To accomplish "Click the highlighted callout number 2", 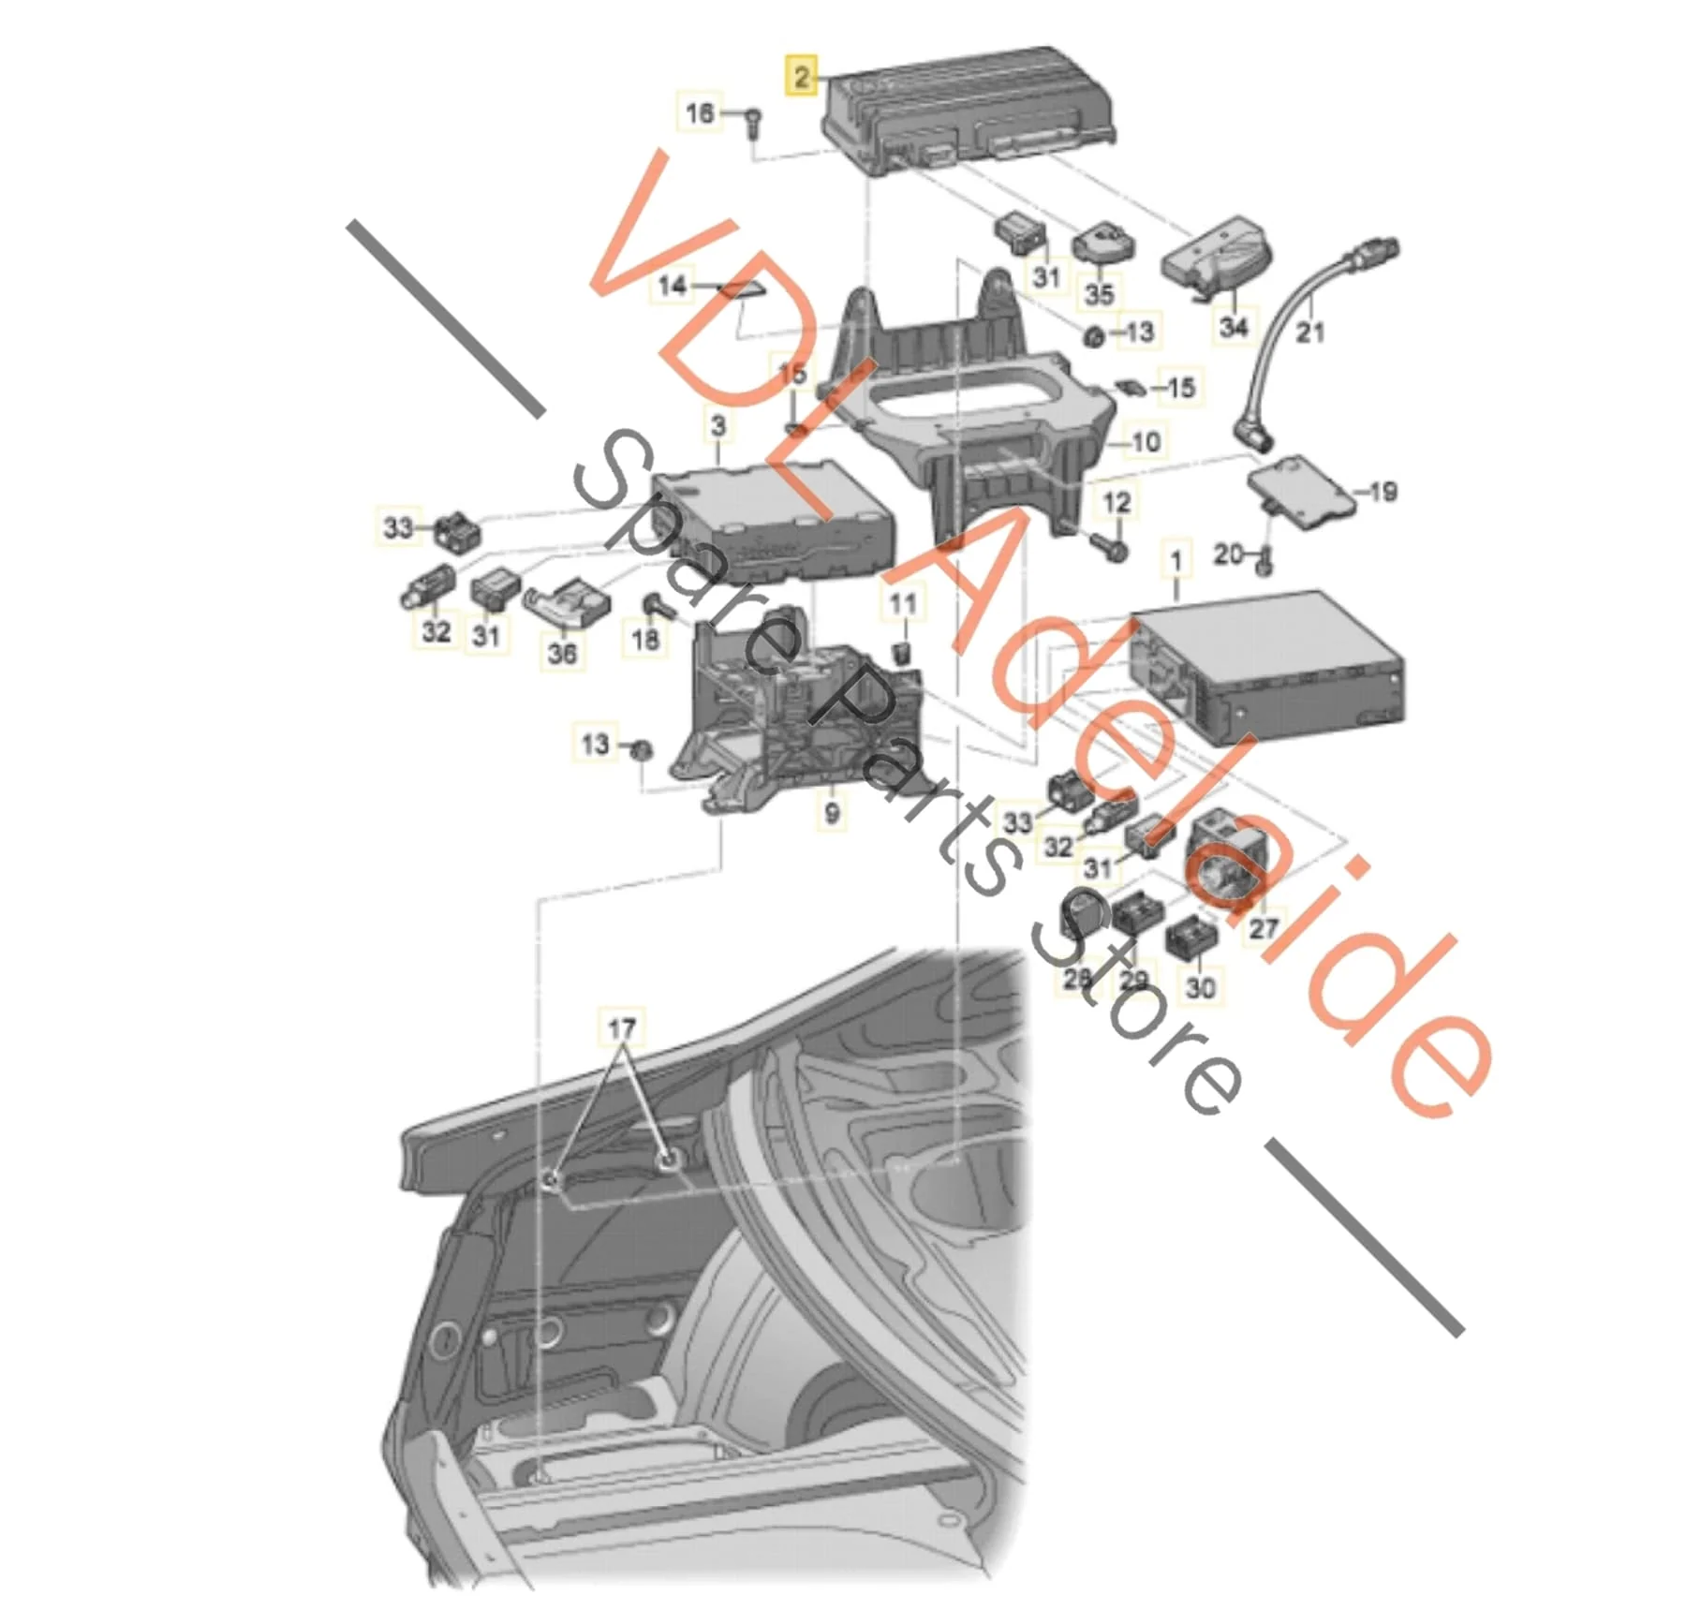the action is click(802, 76).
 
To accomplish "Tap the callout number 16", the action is click(700, 113).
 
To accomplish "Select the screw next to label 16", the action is click(753, 124).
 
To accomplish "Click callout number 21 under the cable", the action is click(1309, 331).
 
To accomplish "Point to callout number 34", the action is click(1234, 327).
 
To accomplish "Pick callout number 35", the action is click(1099, 293).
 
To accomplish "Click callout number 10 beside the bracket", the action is click(1146, 441).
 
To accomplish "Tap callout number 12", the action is click(1117, 503).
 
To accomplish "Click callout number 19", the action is click(1383, 492).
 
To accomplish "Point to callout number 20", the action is click(1229, 554).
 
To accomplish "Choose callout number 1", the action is click(1176, 562).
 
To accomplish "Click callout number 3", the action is click(718, 426).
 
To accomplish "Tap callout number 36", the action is click(562, 652).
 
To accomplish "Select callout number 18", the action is click(645, 639).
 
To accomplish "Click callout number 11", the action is click(903, 602).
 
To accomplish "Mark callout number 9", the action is click(832, 812).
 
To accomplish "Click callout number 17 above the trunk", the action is click(622, 1029).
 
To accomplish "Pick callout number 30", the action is click(1200, 986).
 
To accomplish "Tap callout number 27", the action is click(1264, 927).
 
